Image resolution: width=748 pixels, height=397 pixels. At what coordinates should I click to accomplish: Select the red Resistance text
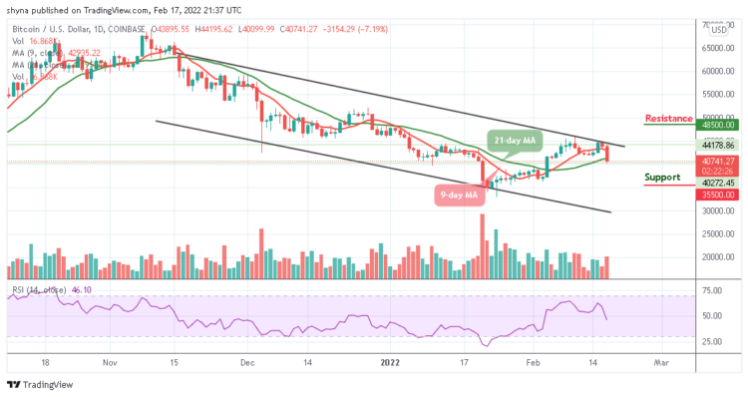668,118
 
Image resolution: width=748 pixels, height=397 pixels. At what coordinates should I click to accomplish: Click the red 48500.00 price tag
716,126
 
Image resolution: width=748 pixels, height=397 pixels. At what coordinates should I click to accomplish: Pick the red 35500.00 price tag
716,196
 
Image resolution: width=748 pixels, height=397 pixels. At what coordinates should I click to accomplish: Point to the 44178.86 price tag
716,145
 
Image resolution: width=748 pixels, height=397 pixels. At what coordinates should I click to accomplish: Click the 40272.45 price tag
716,183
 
